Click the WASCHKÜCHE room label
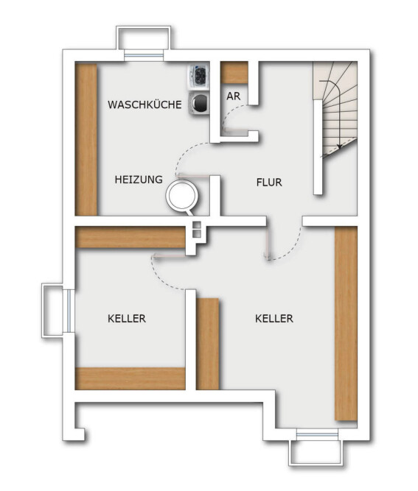[x=144, y=105]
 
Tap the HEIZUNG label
[x=139, y=180]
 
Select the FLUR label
[x=269, y=183]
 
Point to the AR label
[x=233, y=96]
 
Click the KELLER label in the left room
[x=127, y=319]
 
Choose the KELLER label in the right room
[x=274, y=319]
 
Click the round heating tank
[x=182, y=196]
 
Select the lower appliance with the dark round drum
[x=199, y=103]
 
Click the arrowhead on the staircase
[x=338, y=146]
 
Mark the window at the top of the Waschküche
[x=144, y=55]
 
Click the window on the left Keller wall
[x=69, y=311]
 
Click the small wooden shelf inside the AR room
[x=234, y=73]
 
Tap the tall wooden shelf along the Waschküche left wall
[x=86, y=140]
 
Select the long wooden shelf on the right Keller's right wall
[x=346, y=323]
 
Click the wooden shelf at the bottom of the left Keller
[x=130, y=378]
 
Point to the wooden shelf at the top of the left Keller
[x=130, y=237]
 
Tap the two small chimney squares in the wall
[x=196, y=229]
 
